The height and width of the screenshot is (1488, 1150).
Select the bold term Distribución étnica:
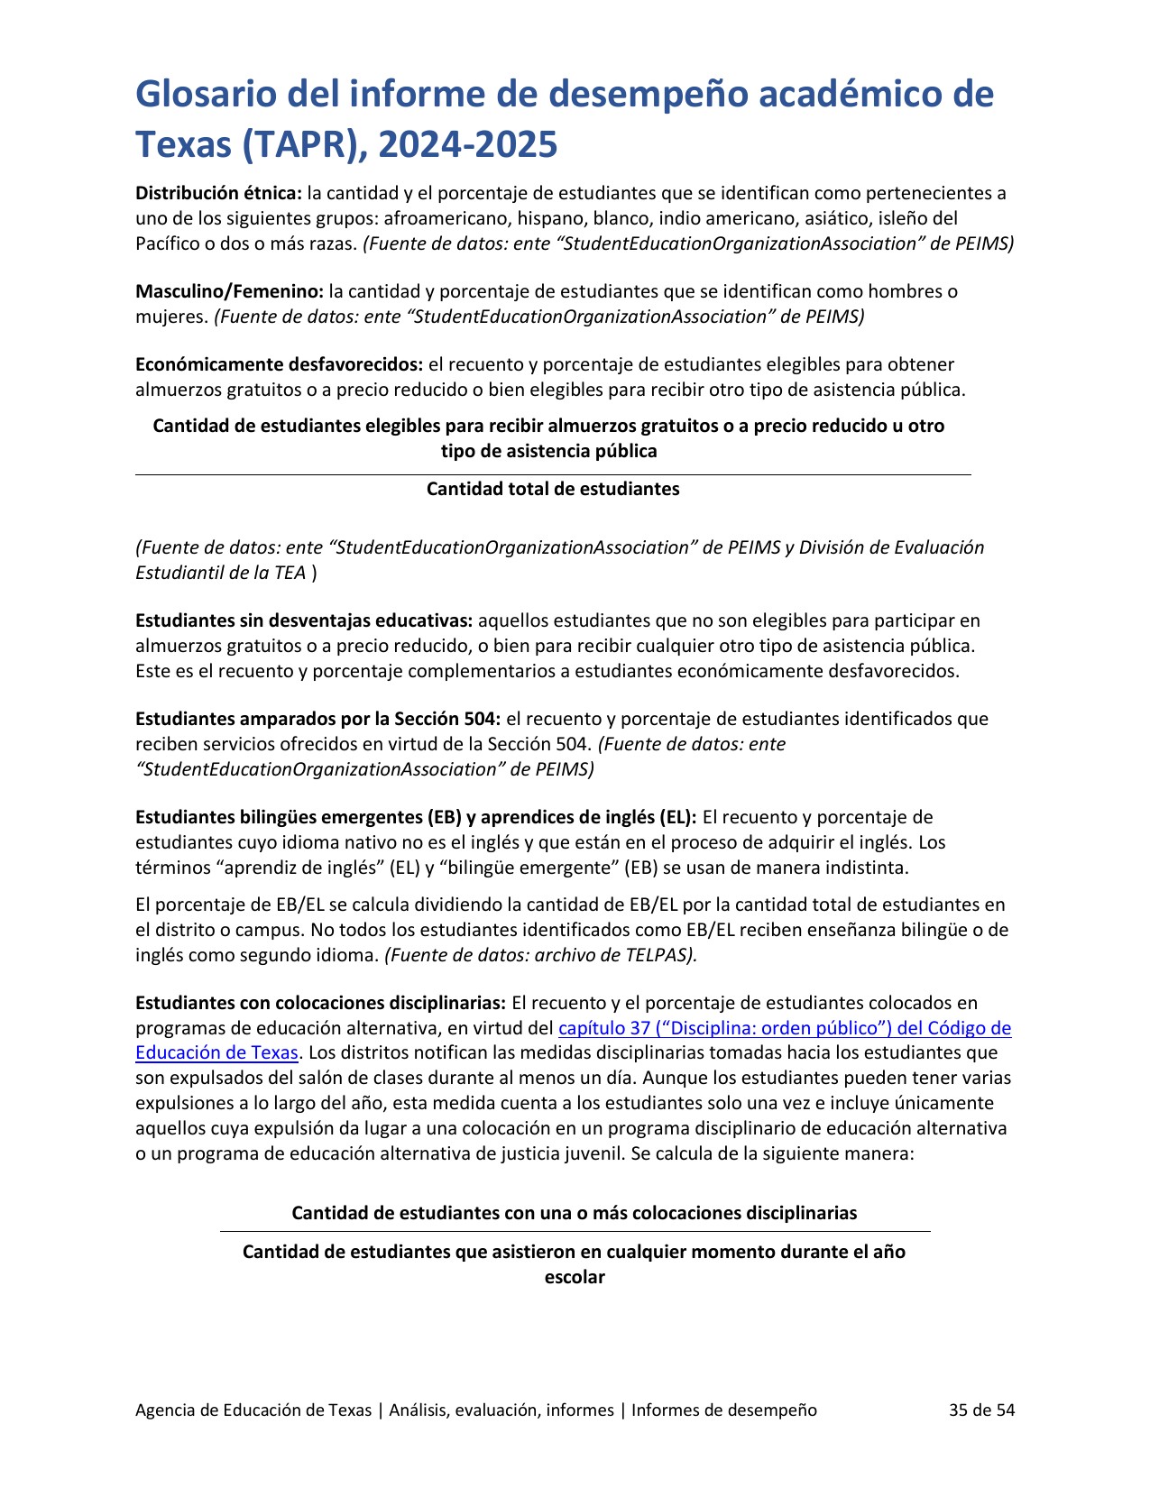218,193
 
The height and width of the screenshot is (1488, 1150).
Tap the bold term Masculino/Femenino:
229,291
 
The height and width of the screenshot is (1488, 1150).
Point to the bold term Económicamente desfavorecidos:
279,364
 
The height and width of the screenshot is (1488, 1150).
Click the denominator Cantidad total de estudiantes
553,489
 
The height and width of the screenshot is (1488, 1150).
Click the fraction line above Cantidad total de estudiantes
553,474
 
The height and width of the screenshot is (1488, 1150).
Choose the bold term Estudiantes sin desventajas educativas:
304,620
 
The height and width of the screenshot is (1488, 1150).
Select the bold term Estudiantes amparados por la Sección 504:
317,719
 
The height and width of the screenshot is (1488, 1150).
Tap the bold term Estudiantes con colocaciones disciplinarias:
320,1003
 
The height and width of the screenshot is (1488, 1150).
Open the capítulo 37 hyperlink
785,1028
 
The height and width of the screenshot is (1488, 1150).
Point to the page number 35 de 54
981,1410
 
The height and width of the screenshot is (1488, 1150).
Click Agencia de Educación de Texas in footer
253,1410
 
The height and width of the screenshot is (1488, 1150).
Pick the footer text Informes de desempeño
723,1410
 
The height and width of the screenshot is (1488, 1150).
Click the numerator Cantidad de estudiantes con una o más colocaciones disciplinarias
574,1213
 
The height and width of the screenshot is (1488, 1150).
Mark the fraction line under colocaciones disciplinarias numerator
575,1231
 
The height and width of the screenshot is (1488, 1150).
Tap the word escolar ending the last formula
575,1277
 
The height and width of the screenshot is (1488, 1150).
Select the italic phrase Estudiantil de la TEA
220,573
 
